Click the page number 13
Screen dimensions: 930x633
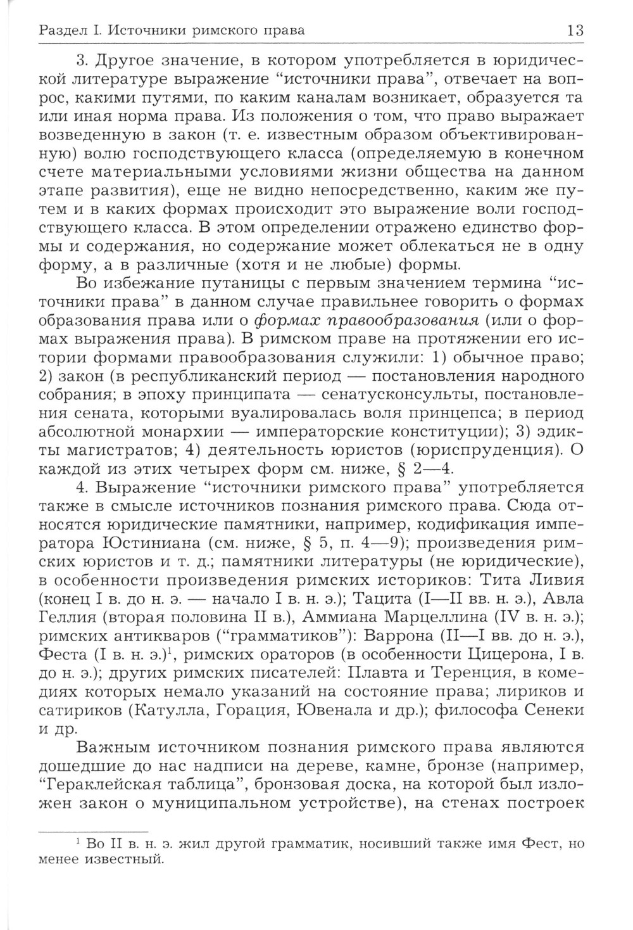click(575, 30)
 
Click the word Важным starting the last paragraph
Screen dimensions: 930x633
click(111, 749)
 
